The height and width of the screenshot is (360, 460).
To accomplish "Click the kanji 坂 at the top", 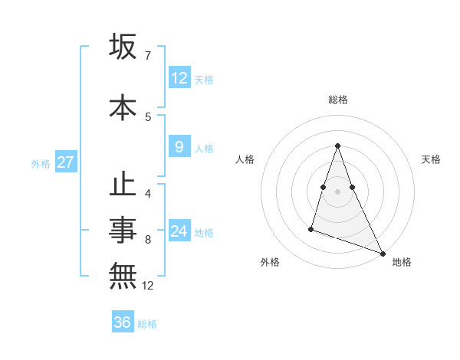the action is [x=123, y=47].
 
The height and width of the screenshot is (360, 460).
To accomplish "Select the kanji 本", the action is [x=123, y=106].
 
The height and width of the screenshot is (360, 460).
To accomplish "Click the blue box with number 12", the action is [x=179, y=78].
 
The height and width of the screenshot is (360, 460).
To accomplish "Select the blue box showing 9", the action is [x=179, y=147].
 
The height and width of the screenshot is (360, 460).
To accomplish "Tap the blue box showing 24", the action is [x=179, y=231].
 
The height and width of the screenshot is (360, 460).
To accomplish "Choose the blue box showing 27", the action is [x=65, y=162].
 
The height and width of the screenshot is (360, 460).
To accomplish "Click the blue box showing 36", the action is [x=123, y=322].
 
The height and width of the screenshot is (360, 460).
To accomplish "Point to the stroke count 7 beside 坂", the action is [x=147, y=55].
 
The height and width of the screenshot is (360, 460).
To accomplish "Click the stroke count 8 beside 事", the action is [x=147, y=240].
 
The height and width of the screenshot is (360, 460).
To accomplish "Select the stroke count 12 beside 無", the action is [x=148, y=286].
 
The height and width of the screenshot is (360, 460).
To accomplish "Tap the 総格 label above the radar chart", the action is [x=338, y=100].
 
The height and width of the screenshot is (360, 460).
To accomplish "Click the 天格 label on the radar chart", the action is [x=432, y=159].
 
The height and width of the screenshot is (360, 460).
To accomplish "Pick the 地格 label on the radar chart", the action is [x=402, y=262].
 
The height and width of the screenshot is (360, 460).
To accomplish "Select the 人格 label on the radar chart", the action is [x=245, y=159].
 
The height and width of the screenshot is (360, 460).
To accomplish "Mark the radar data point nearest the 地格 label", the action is [x=382, y=253].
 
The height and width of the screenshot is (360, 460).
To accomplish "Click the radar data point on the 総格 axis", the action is [x=338, y=146].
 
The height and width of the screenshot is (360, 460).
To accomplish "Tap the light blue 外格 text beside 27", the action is [x=40, y=163].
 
